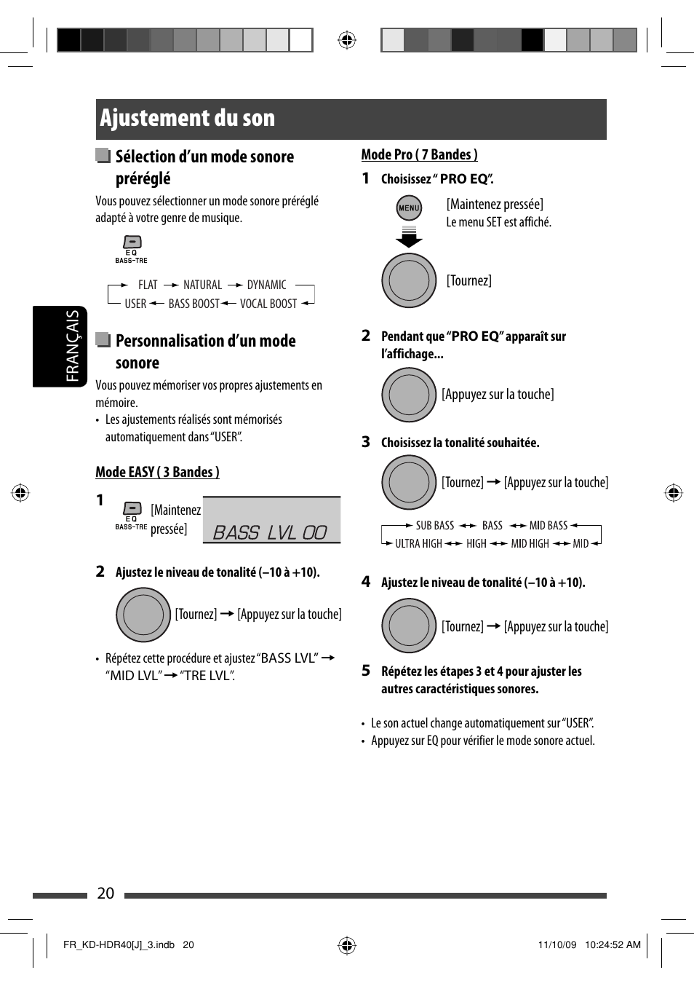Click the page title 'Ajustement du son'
click(x=188, y=119)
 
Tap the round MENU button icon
click(x=409, y=208)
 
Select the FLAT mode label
click(x=148, y=285)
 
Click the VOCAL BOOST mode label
click(x=268, y=304)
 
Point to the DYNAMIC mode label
click(x=266, y=285)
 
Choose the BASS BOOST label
click(x=194, y=304)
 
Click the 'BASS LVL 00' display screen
click(x=271, y=521)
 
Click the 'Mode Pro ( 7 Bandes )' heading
click(x=419, y=154)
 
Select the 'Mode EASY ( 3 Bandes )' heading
click(x=157, y=472)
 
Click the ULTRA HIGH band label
click(x=418, y=543)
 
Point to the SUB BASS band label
click(x=434, y=525)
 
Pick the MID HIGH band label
click(x=530, y=543)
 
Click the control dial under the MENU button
click(x=409, y=280)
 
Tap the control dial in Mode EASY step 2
click(x=143, y=615)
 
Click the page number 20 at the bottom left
click(x=105, y=894)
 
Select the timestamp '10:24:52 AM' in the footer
click(x=613, y=944)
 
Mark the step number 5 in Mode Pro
click(x=366, y=671)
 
